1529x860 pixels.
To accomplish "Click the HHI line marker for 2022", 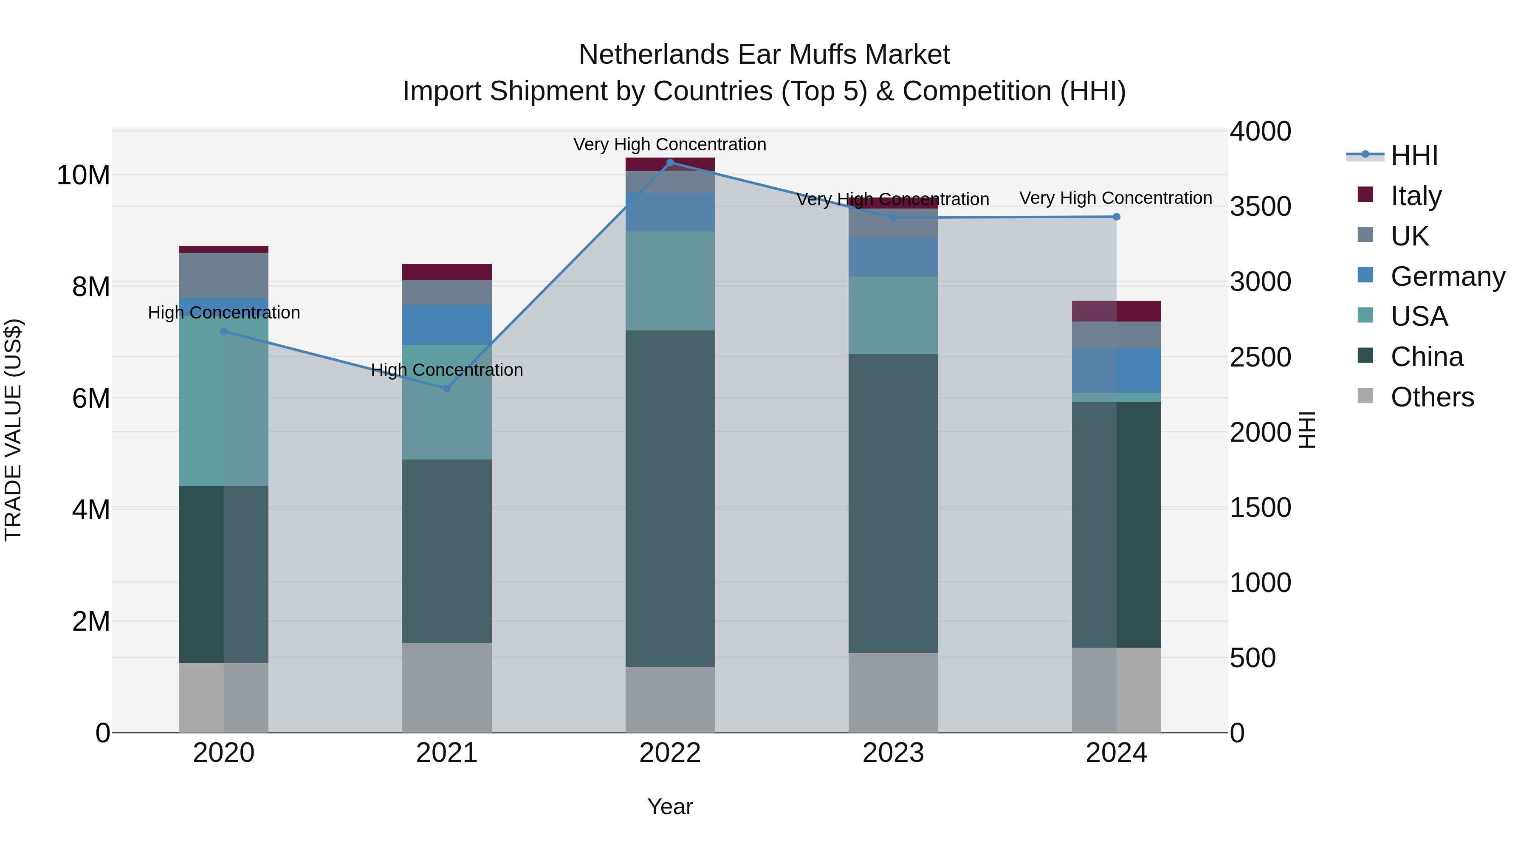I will coord(670,162).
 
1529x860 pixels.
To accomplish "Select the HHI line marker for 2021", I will coord(447,388).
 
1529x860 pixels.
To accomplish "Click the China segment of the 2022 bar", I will coord(670,499).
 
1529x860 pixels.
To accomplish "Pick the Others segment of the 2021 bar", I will coord(447,687).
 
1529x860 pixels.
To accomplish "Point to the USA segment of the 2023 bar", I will coord(893,315).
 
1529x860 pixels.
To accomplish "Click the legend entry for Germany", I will coord(1447,276).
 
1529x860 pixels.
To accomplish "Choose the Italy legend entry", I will coord(1415,195).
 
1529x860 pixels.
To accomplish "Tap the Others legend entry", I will coord(1432,397).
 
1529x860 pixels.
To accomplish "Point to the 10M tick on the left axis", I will coord(83,175).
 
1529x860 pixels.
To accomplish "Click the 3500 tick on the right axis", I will coord(1260,206).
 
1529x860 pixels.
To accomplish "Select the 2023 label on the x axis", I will coord(893,753).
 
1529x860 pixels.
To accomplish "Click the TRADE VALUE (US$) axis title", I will coord(13,430).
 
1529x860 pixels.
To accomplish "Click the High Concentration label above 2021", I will coord(447,370).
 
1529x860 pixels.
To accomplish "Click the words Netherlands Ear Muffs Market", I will coord(764,55).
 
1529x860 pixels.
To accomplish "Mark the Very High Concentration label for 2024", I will coord(1115,197).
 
